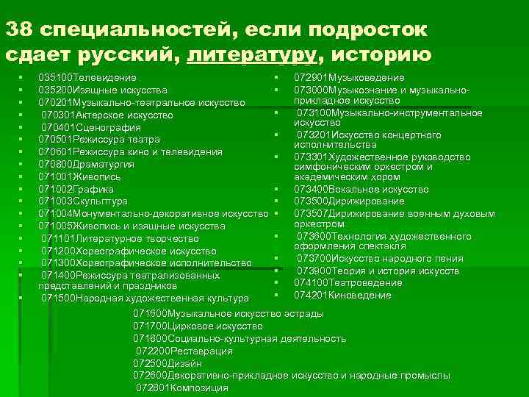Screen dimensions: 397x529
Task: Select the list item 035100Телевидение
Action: coord(87,77)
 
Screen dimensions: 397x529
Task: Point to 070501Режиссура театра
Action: coord(98,139)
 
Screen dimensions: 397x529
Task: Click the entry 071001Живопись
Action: coord(79,176)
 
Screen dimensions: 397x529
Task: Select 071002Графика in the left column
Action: coord(76,189)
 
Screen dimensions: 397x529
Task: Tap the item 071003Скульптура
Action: coord(83,201)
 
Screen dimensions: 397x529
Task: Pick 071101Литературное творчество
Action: coord(120,238)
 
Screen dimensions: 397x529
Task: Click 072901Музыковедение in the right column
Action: coord(349,77)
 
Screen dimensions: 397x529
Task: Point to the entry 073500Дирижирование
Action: coord(349,201)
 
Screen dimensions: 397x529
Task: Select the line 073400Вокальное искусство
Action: coord(361,189)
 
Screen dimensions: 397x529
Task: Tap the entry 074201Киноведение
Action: coord(342,295)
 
